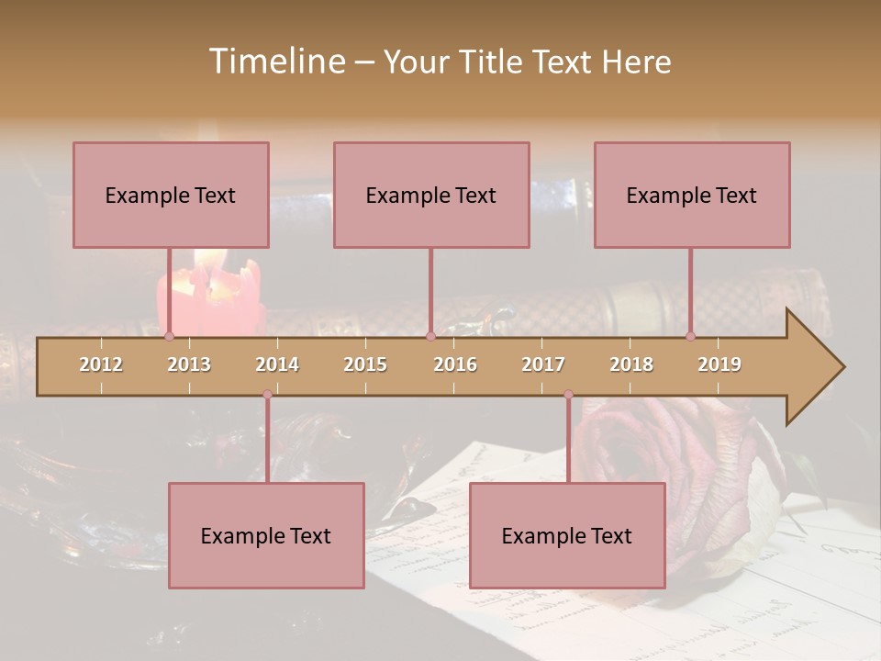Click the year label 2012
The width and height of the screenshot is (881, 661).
(101, 364)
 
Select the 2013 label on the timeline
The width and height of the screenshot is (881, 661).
(189, 364)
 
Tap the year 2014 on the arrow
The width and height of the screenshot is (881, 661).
(277, 364)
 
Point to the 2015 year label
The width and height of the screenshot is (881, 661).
(365, 364)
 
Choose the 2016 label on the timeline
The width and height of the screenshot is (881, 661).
(455, 364)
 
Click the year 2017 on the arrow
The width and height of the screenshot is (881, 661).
(543, 364)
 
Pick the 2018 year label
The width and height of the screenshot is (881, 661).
(631, 364)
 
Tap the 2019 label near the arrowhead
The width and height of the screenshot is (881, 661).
(719, 364)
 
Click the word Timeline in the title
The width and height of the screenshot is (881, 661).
(275, 62)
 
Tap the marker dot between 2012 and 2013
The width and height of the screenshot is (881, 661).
(169, 337)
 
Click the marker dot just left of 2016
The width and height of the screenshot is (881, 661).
(430, 337)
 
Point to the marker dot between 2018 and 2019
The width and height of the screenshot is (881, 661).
(691, 337)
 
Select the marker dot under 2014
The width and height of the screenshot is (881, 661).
(267, 395)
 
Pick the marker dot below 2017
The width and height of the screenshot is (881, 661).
(568, 395)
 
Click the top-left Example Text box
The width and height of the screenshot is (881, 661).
(171, 196)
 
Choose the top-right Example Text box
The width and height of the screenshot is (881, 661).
(692, 196)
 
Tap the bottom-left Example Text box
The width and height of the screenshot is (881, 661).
(266, 536)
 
